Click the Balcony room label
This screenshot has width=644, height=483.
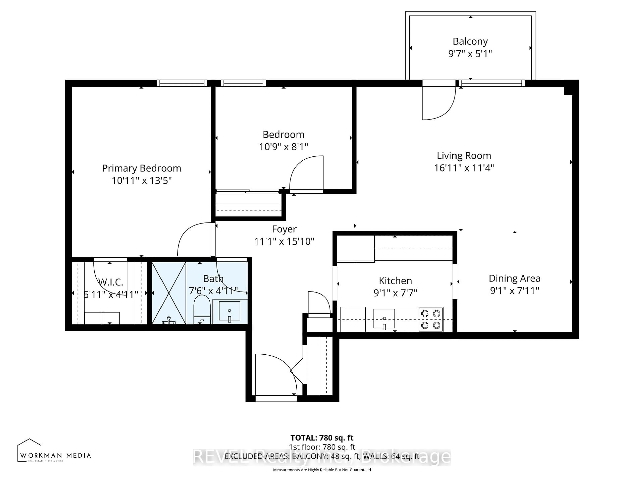point(470,42)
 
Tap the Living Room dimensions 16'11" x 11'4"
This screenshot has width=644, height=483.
point(464,168)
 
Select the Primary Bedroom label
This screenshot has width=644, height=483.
point(142,168)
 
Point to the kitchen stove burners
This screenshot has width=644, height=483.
point(431,319)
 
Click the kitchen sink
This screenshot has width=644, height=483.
point(384,319)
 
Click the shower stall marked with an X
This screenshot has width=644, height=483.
point(169,293)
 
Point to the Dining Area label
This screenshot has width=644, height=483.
point(514,279)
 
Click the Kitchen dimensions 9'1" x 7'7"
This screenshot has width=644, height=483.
point(395,293)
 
